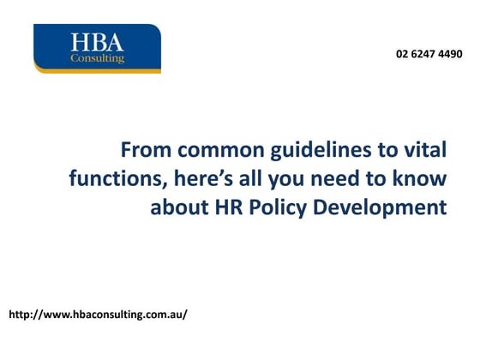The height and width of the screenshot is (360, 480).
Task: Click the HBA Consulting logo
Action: (97, 48)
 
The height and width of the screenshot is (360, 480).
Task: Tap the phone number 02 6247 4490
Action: (429, 53)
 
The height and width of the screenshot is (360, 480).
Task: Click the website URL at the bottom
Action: (97, 315)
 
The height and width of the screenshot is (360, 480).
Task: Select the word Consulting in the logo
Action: (98, 59)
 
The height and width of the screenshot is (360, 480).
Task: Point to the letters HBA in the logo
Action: (97, 42)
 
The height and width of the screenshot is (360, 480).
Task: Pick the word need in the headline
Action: (339, 180)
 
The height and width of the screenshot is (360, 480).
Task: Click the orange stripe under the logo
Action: (97, 71)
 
